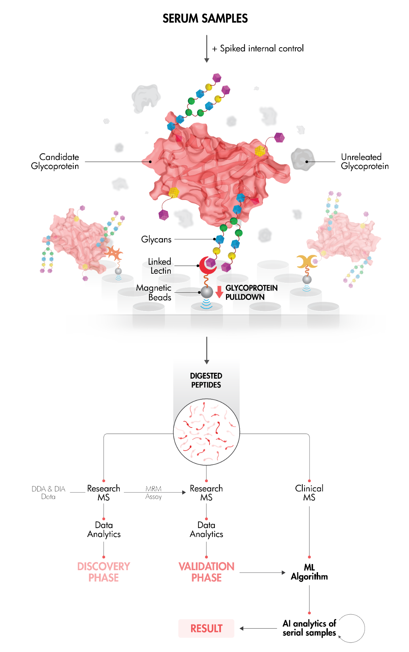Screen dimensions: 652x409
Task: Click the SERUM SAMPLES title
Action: [205, 18]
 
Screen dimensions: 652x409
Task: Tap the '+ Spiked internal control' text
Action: [258, 49]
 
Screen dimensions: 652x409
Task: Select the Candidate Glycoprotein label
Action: [55, 161]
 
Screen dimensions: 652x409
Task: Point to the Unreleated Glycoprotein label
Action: [364, 162]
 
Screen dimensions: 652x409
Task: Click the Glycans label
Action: [156, 239]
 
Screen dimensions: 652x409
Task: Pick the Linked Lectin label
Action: [160, 266]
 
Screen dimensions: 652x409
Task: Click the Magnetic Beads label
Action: [154, 292]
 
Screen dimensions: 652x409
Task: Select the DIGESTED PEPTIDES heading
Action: [206, 380]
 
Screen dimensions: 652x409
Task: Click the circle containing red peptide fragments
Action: [206, 432]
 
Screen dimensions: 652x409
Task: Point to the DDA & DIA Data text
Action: [48, 492]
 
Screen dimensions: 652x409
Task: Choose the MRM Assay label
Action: [153, 492]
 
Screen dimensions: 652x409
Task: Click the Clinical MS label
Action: [309, 493]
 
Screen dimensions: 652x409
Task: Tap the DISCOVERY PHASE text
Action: [104, 572]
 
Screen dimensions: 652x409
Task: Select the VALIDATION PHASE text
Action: [206, 572]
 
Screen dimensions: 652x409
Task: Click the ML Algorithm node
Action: [309, 572]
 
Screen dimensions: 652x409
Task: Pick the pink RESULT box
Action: [206, 628]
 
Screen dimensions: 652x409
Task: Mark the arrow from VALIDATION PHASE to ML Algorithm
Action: [262, 573]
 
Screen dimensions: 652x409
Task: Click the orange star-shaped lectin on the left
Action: [114, 253]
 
